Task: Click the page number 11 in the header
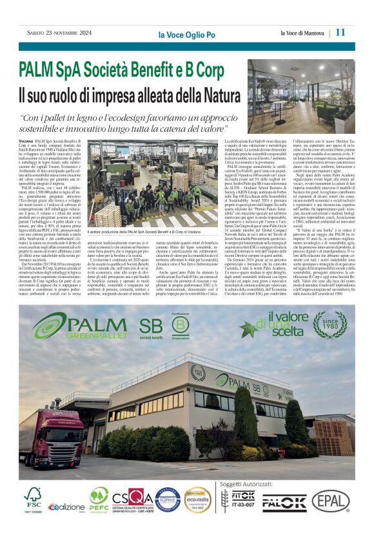[341, 32]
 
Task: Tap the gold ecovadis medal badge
[197, 500]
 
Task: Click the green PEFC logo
[99, 497]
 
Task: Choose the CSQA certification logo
[132, 498]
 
